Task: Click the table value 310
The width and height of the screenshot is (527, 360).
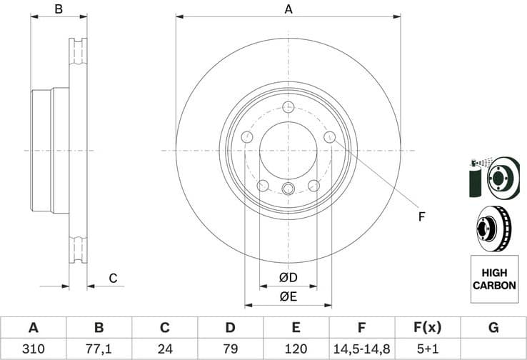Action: pos(33,349)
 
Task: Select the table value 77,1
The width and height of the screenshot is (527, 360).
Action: pos(99,349)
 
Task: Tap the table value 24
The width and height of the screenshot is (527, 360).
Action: pos(164,349)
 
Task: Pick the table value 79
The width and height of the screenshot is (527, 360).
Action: pos(230,349)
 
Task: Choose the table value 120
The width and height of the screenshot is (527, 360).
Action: pos(296,349)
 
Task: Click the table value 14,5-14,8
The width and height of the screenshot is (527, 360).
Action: pos(361,349)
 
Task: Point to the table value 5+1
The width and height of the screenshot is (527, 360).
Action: pos(427,349)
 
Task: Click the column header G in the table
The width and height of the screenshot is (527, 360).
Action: pos(493,328)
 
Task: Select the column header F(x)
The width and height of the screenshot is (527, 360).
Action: pos(427,328)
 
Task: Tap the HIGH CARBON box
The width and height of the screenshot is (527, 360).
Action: pos(493,279)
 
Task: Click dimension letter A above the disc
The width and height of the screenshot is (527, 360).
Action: pos(288,9)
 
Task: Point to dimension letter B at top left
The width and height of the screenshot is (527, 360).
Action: pos(59,9)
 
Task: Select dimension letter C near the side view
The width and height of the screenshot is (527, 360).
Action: pos(112,278)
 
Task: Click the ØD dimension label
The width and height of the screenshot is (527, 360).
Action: pos(288,277)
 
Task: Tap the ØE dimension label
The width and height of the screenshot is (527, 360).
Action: pos(288,296)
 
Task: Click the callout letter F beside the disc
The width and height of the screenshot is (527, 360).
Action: pos(421,216)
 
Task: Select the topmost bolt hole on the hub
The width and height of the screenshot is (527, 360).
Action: pos(288,108)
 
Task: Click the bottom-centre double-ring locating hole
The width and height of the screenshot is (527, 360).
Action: pos(288,189)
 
